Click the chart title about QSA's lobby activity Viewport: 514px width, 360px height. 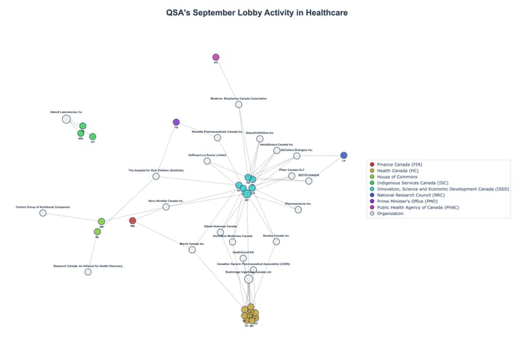click(x=257, y=12)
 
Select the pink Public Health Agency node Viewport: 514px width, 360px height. click(x=216, y=57)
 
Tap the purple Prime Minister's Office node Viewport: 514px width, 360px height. click(x=176, y=122)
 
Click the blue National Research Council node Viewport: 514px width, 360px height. click(x=343, y=155)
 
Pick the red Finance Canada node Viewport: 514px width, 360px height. click(x=132, y=221)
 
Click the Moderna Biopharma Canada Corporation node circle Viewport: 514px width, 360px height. click(x=238, y=104)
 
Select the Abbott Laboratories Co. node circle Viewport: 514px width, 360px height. click(x=66, y=120)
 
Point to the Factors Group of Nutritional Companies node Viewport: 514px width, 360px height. click(x=43, y=213)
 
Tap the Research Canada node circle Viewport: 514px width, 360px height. click(x=88, y=272)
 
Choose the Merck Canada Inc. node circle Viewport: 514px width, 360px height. click(x=192, y=249)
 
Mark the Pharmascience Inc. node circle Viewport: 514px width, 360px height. click(x=298, y=209)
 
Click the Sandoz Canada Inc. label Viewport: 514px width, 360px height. click(x=276, y=235)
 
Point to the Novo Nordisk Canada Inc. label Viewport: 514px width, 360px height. click(x=166, y=201)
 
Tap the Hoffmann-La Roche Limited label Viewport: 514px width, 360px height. click(x=207, y=155)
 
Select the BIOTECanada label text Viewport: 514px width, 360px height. click(x=308, y=174)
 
